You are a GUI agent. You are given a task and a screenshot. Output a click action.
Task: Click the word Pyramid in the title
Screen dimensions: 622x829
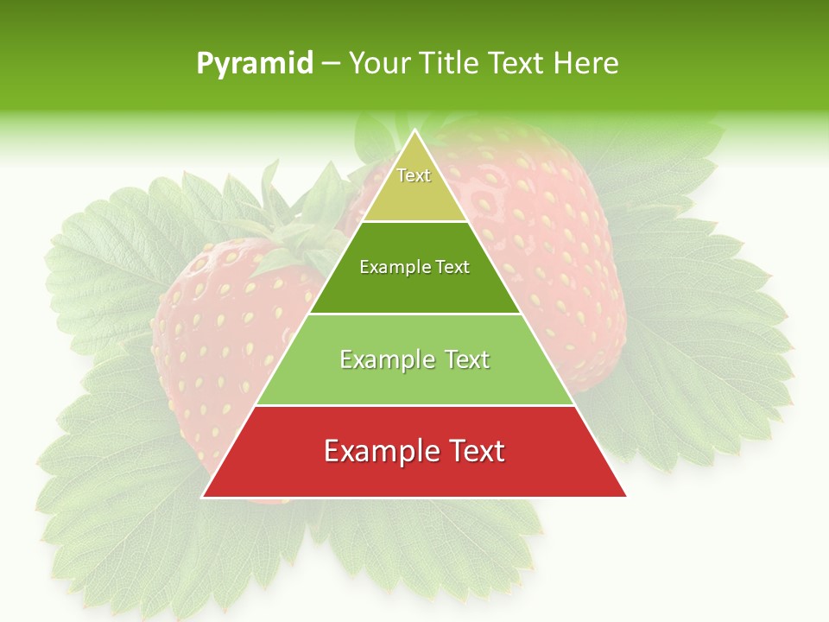coord(254,64)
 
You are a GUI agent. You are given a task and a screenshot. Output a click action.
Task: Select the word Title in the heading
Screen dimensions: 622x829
coord(450,64)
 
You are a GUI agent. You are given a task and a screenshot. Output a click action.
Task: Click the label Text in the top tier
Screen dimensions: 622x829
coord(414,175)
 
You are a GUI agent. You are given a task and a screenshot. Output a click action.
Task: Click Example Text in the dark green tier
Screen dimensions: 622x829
coord(414,267)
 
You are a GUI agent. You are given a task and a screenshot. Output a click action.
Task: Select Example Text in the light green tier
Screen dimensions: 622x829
coord(414,359)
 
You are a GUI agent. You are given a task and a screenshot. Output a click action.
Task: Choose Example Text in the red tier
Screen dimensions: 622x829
coord(414,451)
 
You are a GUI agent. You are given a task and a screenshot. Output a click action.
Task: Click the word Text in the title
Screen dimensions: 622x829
coord(517,64)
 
